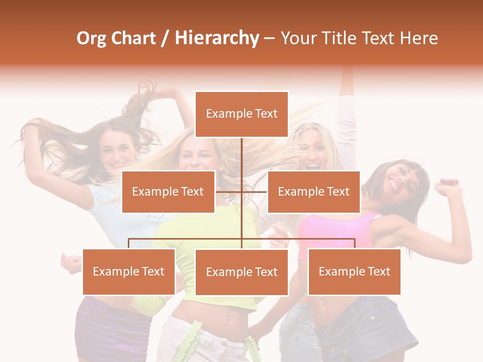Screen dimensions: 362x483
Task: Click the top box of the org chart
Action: click(242, 114)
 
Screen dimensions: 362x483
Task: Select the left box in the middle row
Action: click(168, 192)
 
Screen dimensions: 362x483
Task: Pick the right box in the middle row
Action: click(313, 192)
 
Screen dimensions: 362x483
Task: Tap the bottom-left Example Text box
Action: click(129, 271)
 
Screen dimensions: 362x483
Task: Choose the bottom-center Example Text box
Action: click(242, 272)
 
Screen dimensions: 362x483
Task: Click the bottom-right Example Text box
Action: click(354, 271)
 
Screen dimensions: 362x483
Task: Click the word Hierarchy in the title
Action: click(217, 38)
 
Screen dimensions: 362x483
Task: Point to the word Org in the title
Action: click(91, 38)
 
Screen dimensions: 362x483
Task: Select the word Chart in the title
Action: click(132, 38)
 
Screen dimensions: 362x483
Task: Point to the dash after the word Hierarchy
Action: click(269, 38)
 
